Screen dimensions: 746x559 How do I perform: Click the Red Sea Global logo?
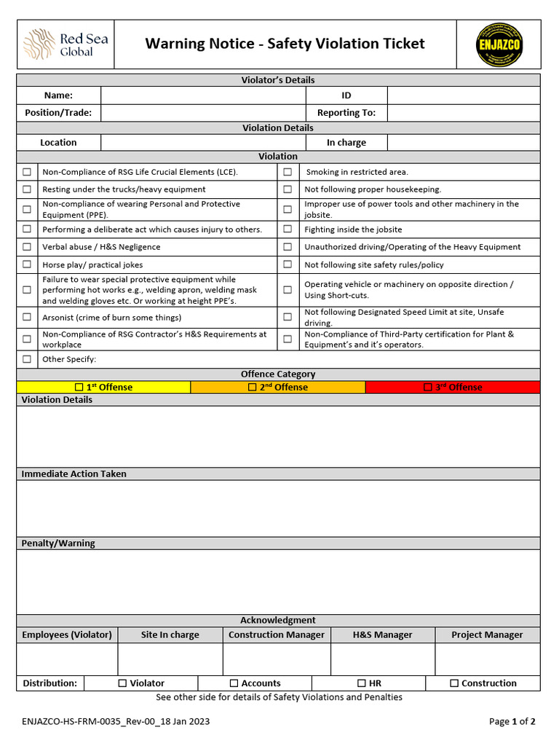(66, 44)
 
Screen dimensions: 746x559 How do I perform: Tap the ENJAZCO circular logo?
(499, 44)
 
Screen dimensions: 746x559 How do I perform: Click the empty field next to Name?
(203, 95)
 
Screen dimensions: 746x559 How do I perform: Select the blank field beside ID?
(464, 95)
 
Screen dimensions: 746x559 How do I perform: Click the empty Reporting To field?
(464, 113)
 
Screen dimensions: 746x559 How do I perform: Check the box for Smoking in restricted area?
(288, 172)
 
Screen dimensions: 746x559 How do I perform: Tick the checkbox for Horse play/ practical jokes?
(27, 264)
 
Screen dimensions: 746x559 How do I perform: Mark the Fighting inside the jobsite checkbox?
(288, 229)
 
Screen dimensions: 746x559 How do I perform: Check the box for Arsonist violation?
(27, 317)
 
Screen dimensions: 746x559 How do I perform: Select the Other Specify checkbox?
(27, 359)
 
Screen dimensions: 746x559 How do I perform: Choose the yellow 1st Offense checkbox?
(79, 388)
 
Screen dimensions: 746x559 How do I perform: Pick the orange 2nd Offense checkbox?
(253, 388)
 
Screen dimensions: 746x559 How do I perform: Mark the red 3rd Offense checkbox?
(428, 388)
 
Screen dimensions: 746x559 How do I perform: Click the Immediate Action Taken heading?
(74, 474)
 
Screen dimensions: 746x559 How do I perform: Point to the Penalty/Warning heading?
(58, 543)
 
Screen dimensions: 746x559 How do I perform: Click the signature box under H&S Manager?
(382, 659)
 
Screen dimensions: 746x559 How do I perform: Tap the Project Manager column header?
(487, 635)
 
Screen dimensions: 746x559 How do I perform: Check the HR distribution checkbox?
(362, 683)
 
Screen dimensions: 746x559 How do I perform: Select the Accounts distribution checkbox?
(234, 683)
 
